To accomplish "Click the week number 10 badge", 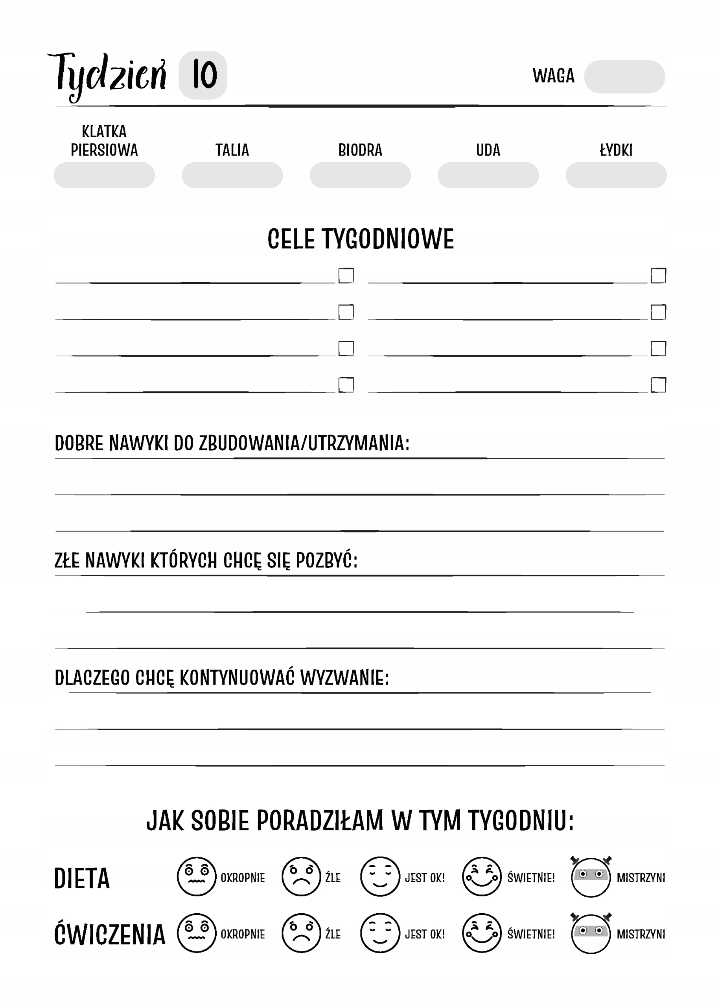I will click(x=203, y=75).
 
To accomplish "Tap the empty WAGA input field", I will click(x=624, y=77).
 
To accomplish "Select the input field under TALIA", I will click(x=232, y=175).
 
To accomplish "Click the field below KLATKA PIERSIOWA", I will click(x=104, y=175).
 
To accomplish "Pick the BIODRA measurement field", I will click(x=360, y=175).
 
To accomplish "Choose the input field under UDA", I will click(x=488, y=175).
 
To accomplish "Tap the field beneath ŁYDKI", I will click(x=616, y=175).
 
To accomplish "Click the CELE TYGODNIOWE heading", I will click(x=361, y=239).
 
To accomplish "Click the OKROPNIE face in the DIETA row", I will click(x=196, y=876).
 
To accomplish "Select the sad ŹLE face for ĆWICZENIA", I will click(x=301, y=933).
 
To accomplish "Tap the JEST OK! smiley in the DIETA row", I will click(x=380, y=876).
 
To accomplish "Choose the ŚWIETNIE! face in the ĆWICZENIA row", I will click(x=481, y=933).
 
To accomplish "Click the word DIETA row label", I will click(x=81, y=878).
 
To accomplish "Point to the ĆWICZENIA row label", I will click(x=109, y=934).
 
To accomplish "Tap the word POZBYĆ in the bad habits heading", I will click(x=326, y=560).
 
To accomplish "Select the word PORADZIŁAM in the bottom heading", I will click(x=320, y=821).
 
